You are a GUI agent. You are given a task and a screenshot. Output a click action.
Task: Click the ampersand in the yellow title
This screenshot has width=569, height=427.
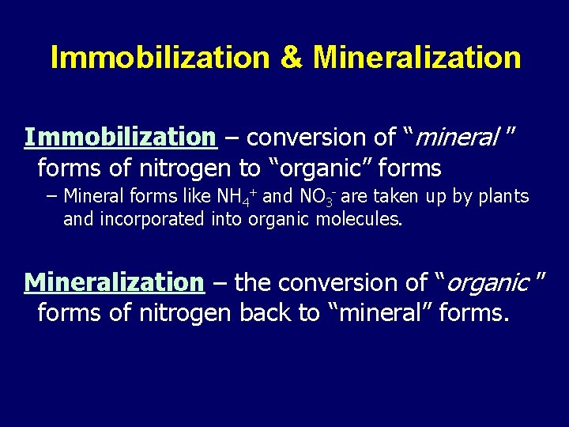pyautogui.click(x=291, y=58)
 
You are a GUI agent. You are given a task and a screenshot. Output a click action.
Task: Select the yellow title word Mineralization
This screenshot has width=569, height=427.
pyautogui.click(x=416, y=58)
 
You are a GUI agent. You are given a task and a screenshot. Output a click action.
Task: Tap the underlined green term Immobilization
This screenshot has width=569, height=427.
pyautogui.click(x=120, y=138)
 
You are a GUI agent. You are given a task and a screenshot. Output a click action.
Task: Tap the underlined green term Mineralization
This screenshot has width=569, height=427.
pyautogui.click(x=115, y=282)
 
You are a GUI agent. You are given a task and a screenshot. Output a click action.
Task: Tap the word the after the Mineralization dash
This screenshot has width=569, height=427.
pyautogui.click(x=252, y=283)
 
